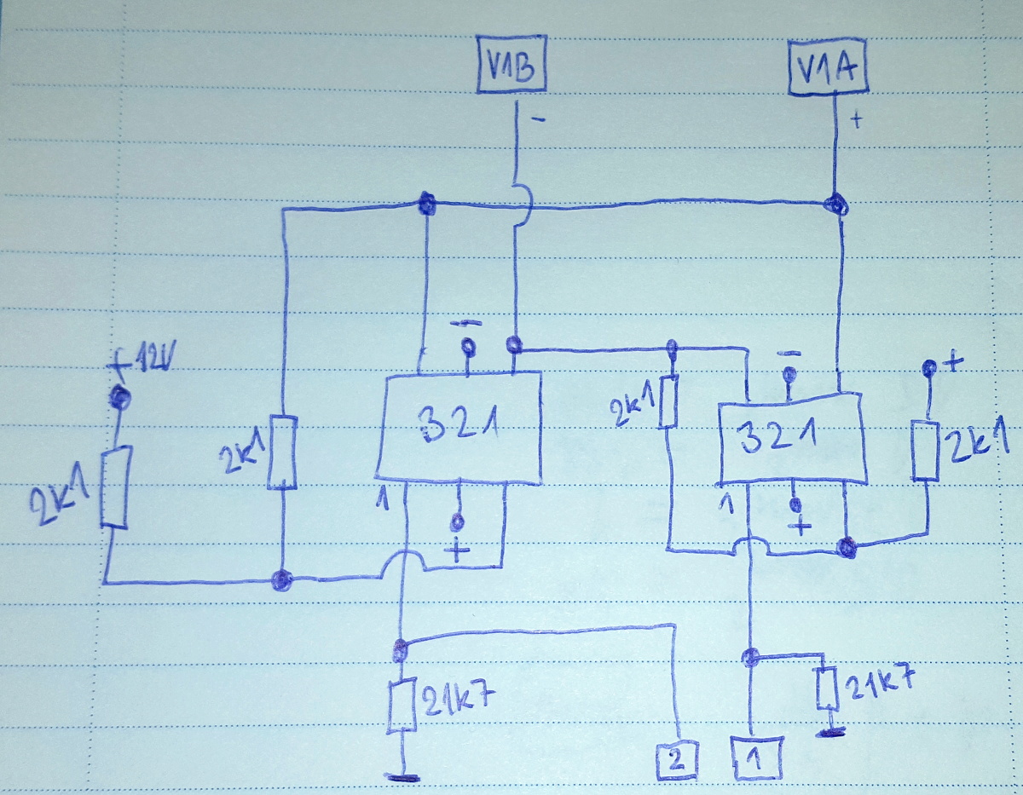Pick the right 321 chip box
(791, 439)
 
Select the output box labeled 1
(754, 758)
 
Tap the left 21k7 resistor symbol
(402, 706)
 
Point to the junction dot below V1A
(837, 205)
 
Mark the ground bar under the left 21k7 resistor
(402, 776)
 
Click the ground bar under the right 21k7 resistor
(827, 731)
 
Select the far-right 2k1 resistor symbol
(926, 449)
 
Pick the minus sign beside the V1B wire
(537, 120)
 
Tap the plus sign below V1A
(857, 121)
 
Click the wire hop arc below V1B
(522, 205)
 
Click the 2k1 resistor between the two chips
(669, 400)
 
